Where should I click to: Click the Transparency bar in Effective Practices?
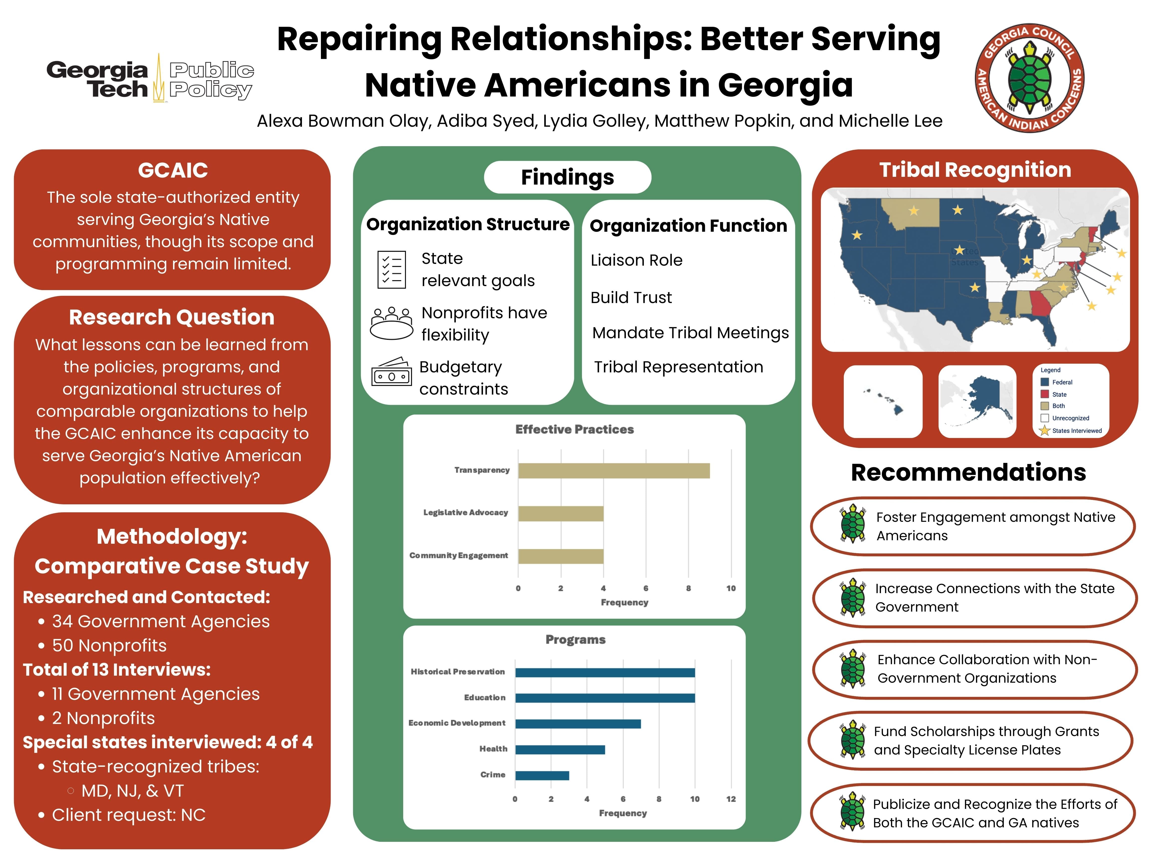[613, 471]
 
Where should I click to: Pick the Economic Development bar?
[577, 724]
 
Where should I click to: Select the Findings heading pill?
[567, 177]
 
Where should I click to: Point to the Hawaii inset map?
[883, 401]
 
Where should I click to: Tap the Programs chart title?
[575, 640]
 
